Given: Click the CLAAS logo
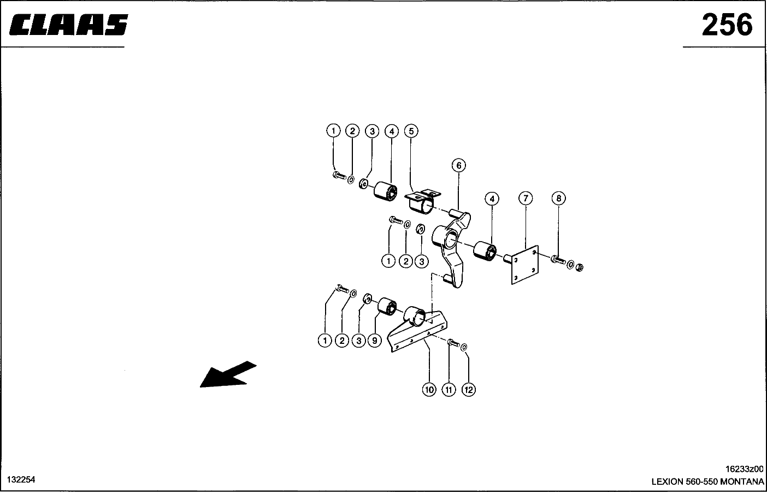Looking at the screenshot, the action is (x=68, y=25).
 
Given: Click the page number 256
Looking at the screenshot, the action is (x=727, y=25).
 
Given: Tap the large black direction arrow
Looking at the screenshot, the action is (x=228, y=374).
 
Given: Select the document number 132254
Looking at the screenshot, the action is (x=21, y=479).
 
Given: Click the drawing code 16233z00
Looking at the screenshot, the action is (x=745, y=468).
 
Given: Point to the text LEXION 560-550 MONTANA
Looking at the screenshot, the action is (x=707, y=482).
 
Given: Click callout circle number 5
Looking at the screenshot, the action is (x=411, y=131).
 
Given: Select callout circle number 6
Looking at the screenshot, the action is (x=459, y=166).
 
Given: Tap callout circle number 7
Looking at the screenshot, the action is (x=526, y=198).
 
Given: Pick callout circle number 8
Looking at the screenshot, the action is (x=558, y=198).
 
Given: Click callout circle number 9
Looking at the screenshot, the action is (x=375, y=341).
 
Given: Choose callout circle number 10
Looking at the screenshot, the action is (x=429, y=390).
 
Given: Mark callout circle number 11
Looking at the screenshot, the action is (x=449, y=390).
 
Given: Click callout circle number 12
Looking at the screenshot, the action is (x=468, y=390).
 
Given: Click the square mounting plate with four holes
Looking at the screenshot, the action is (x=525, y=265).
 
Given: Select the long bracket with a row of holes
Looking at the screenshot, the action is (x=417, y=331).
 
